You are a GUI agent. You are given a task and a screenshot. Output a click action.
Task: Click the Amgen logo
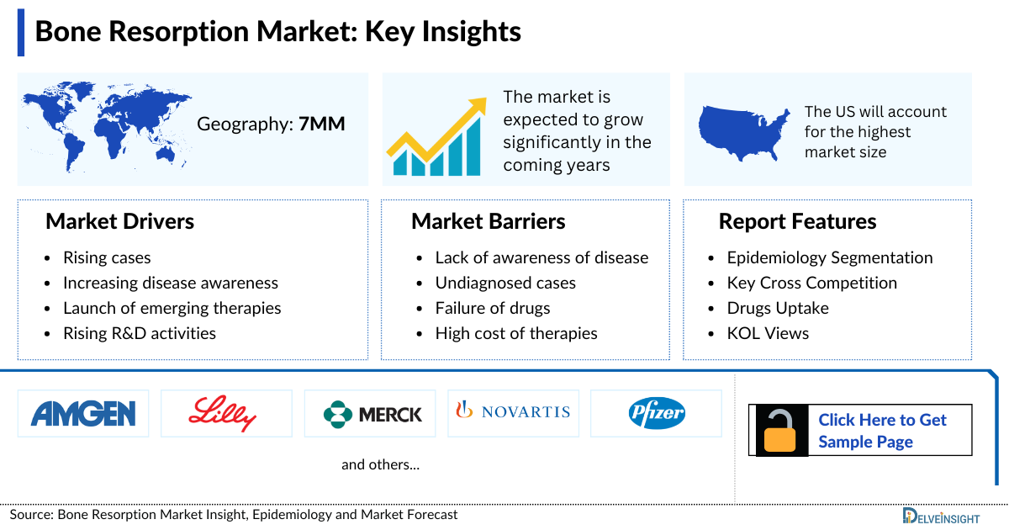coord(83,413)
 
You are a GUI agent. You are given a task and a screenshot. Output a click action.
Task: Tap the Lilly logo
coord(226,413)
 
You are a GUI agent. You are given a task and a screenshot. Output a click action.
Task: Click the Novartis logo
coord(513,412)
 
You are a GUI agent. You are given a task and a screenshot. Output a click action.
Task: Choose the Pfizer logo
coord(657,413)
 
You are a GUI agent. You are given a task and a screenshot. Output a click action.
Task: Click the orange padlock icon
coord(780,431)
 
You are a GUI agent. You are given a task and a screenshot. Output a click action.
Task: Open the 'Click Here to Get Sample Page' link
coord(882,431)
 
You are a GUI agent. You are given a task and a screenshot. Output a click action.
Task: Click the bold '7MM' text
coord(322,125)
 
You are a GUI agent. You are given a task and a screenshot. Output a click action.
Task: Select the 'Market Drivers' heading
coord(119,221)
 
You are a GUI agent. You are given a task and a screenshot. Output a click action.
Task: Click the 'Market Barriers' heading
coord(488,221)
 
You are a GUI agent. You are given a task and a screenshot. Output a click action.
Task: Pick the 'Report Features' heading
coord(797,221)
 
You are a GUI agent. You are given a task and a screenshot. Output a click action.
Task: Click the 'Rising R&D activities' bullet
coord(140,333)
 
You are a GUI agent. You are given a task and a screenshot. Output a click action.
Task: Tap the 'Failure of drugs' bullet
coord(493,308)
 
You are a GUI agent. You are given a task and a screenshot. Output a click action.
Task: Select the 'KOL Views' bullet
coord(768,333)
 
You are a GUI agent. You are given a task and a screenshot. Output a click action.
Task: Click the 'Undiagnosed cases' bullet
coord(505,283)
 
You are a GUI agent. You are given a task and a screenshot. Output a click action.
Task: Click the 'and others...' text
coord(380,464)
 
